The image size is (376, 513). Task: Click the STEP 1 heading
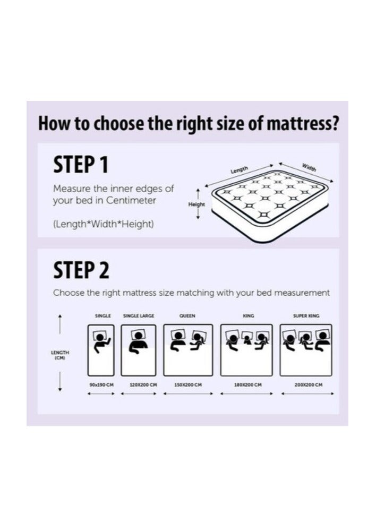click(x=81, y=165)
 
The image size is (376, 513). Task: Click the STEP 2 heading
click(x=81, y=270)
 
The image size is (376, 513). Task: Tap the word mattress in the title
click(x=303, y=124)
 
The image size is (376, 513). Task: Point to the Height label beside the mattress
click(x=196, y=204)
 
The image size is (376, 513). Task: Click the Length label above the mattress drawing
click(x=239, y=170)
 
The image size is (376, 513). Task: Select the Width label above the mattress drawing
click(x=309, y=167)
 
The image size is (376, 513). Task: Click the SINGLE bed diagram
click(x=101, y=350)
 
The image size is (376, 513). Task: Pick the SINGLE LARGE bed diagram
click(x=139, y=350)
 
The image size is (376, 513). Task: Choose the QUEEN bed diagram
click(x=188, y=350)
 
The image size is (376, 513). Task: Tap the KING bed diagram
click(x=246, y=350)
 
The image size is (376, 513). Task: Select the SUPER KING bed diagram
click(x=306, y=350)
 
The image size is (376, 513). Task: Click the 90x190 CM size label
click(x=101, y=384)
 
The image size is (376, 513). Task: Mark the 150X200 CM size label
click(x=188, y=384)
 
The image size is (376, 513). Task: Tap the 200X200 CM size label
click(x=309, y=384)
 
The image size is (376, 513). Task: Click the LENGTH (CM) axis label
click(x=60, y=355)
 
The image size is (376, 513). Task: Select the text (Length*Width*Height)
click(x=104, y=225)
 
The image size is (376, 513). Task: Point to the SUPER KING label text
click(x=306, y=316)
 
